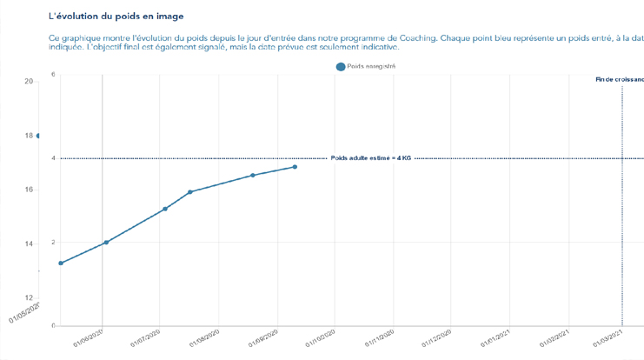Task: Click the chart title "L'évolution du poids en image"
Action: (x=116, y=16)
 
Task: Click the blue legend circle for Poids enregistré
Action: (x=341, y=66)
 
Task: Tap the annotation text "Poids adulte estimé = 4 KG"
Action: (x=371, y=158)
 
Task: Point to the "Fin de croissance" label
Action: (x=619, y=79)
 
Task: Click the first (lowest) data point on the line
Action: (x=61, y=263)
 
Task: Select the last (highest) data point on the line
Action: (x=295, y=167)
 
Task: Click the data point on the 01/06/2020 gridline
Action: (x=106, y=243)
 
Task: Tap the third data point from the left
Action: (x=165, y=209)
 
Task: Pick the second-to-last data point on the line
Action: (x=253, y=176)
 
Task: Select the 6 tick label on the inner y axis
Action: (x=53, y=75)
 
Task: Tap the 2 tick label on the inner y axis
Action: (x=53, y=243)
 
